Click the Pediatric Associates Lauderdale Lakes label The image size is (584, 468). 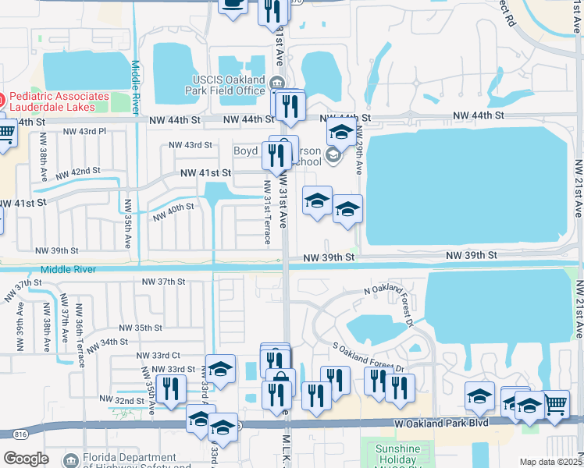pyautogui.click(x=55, y=101)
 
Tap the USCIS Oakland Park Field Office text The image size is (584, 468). pyautogui.click(x=230, y=85)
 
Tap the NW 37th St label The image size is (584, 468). pyautogui.click(x=163, y=282)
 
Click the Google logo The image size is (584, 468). pyautogui.click(x=26, y=459)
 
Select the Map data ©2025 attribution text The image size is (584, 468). pyautogui.click(x=550, y=462)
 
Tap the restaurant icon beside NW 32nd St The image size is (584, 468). pyautogui.click(x=171, y=391)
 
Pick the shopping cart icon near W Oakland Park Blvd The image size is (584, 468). pyautogui.click(x=554, y=405)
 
